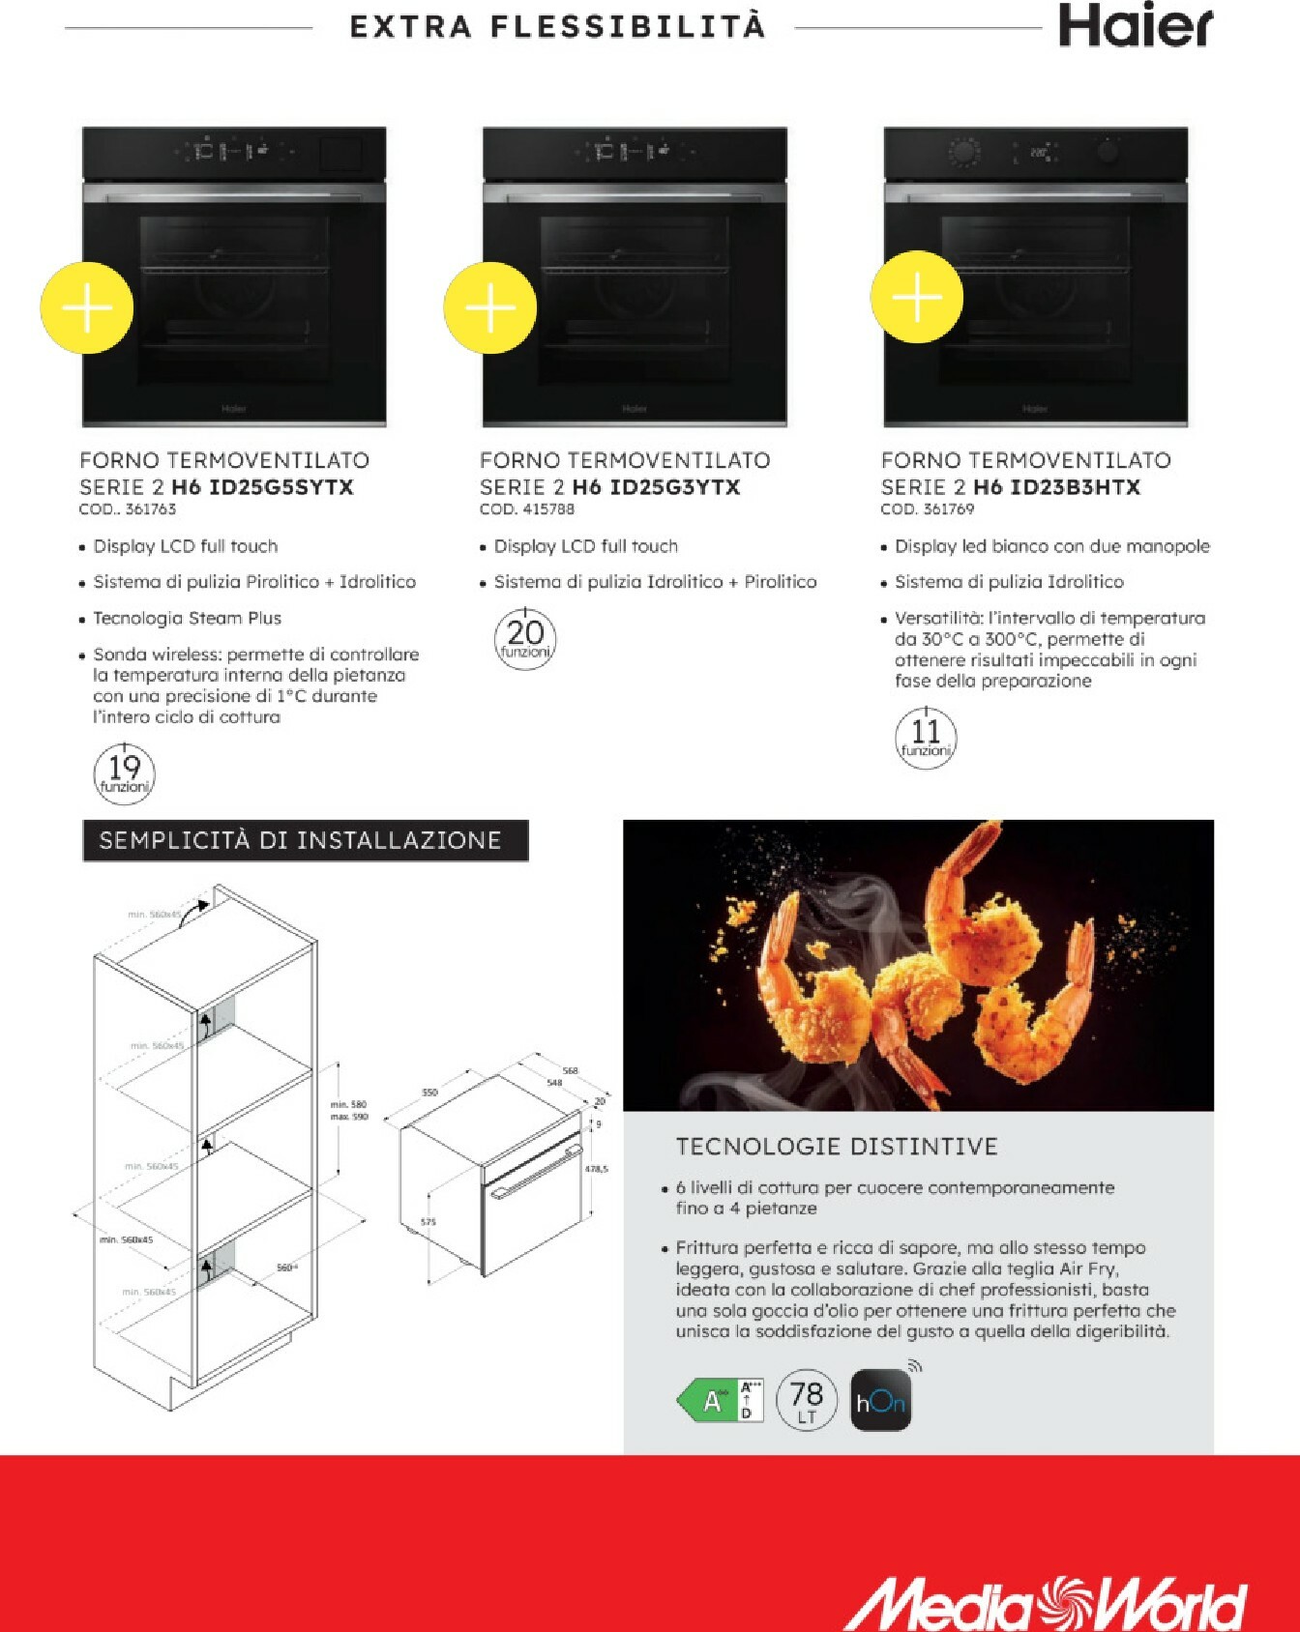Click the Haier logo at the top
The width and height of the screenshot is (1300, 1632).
point(1135,26)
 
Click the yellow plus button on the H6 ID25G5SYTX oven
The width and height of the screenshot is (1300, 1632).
point(87,307)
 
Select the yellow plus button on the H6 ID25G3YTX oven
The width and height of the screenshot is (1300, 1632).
point(490,307)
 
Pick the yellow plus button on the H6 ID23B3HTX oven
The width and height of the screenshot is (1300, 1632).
point(916,297)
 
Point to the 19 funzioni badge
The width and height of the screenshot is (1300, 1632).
point(124,772)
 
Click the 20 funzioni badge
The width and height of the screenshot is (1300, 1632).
point(525,638)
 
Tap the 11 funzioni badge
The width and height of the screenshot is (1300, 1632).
point(926,738)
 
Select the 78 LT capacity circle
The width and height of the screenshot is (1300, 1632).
point(806,1400)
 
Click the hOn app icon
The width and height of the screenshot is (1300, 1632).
point(880,1401)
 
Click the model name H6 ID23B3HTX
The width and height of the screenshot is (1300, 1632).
point(1056,487)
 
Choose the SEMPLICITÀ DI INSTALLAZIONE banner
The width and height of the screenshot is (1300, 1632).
point(306,840)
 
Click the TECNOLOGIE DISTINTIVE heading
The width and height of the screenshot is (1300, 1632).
point(836,1147)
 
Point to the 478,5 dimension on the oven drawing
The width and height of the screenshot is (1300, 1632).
point(597,1169)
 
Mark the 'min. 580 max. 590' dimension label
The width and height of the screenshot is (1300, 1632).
point(349,1110)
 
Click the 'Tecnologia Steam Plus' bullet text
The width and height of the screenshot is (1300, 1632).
point(187,618)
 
